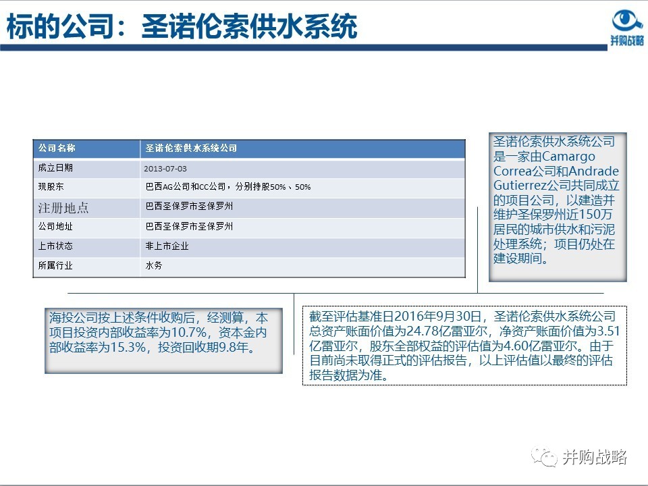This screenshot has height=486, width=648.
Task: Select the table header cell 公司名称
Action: tap(57, 148)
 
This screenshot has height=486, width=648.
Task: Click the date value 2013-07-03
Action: tap(165, 168)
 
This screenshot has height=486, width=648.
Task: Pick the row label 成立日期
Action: tap(55, 167)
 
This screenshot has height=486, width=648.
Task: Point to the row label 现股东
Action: tap(51, 186)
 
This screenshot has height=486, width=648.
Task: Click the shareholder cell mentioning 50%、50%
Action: tap(228, 187)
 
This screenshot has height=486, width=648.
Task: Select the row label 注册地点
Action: tap(63, 207)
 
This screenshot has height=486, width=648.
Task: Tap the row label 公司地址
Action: tap(55, 227)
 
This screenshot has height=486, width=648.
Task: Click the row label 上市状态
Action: tap(55, 246)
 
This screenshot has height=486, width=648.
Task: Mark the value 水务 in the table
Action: tap(154, 266)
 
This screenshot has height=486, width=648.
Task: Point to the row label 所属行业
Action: tap(55, 266)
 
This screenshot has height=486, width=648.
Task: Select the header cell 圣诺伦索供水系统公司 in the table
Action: tap(192, 148)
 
